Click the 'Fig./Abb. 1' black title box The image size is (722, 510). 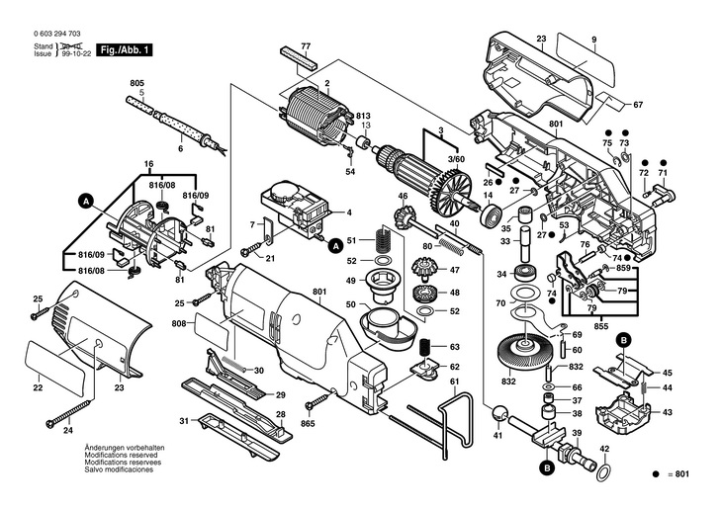tap(124, 50)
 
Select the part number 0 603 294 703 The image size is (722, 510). tap(57, 34)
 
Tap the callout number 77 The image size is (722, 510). tap(306, 46)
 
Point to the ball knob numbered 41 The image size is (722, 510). tap(498, 413)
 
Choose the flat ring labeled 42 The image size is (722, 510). tap(604, 472)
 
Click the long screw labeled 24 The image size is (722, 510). tap(68, 413)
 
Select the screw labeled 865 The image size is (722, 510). tap(319, 398)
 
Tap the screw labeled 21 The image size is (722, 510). tap(253, 247)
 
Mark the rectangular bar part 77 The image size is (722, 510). tap(298, 57)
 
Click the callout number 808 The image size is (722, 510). tap(179, 323)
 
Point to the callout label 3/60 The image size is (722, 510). tap(457, 159)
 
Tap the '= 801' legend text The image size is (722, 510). tap(678, 474)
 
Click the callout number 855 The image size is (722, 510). tap(601, 326)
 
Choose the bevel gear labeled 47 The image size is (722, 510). tap(421, 269)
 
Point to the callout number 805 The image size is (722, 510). tap(136, 83)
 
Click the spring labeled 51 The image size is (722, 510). tap(383, 238)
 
